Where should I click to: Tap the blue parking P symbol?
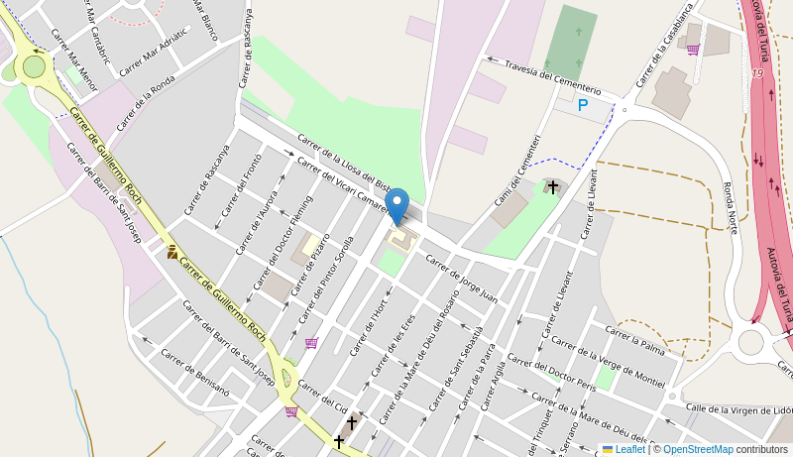pos(583,105)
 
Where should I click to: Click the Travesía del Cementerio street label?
pos(553,76)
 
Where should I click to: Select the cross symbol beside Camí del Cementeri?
pos(552,186)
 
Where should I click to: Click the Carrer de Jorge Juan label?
pos(461,278)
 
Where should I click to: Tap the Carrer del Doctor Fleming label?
pos(283,242)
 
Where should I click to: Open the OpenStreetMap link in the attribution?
pos(698,449)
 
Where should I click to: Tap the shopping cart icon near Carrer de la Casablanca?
pos(692,50)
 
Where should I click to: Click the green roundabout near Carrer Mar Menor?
pos(35,65)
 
